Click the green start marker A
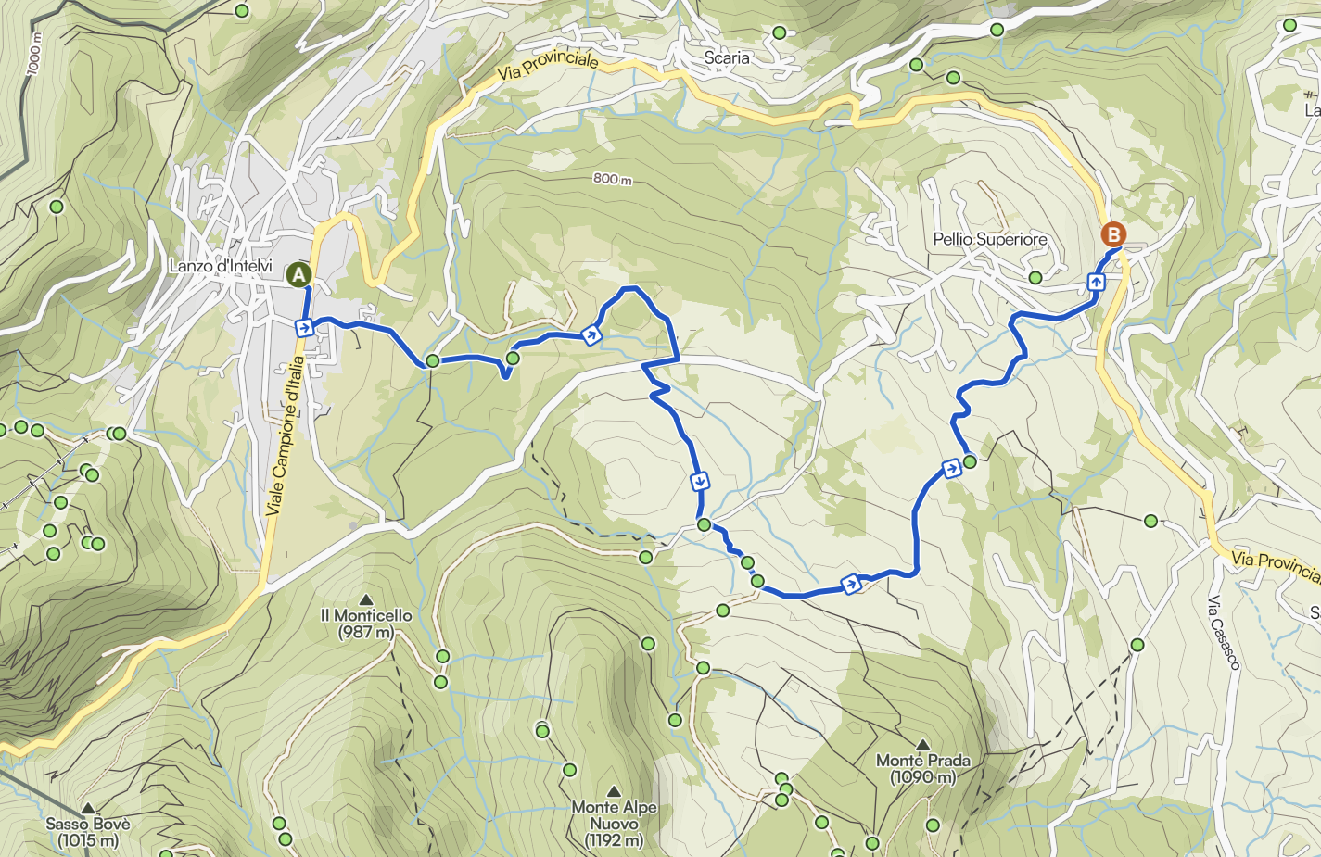[x=298, y=274]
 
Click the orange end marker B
[x=1113, y=234]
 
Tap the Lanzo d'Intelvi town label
[x=221, y=266]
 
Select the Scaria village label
[x=726, y=57]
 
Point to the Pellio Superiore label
[x=989, y=239]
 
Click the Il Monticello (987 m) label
[x=366, y=624]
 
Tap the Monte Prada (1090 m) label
[x=923, y=768]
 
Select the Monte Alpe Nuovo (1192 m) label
[x=614, y=823]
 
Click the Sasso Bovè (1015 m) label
[x=88, y=832]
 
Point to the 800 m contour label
[x=612, y=178]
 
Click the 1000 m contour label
[x=35, y=54]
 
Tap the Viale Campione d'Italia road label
[x=285, y=435]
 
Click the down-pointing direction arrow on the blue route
[x=700, y=481]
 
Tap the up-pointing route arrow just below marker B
[x=1096, y=282]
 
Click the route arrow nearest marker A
[x=303, y=326]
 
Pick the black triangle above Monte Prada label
[x=922, y=745]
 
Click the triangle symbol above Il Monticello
[x=366, y=599]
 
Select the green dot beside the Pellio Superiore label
[x=1035, y=277]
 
